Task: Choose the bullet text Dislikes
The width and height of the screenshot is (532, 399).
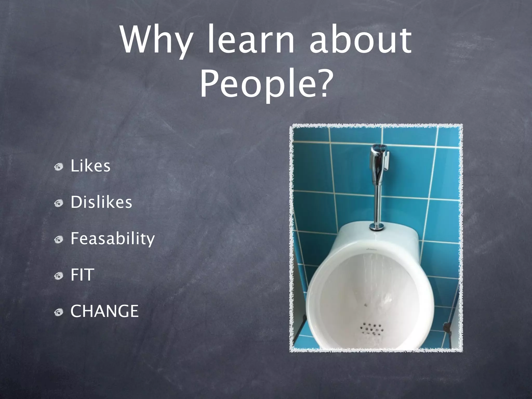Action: [101, 202]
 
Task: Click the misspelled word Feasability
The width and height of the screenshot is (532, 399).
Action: [112, 238]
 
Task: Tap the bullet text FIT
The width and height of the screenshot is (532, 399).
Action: [82, 275]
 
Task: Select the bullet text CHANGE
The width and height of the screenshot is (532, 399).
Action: [104, 311]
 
